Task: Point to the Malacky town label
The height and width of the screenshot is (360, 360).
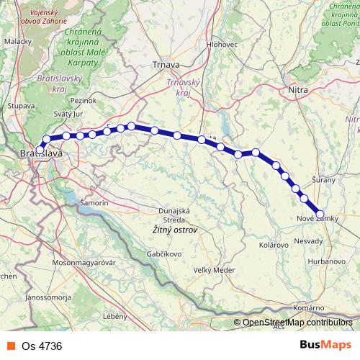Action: coord(16,42)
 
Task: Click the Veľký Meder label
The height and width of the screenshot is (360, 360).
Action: coord(214,270)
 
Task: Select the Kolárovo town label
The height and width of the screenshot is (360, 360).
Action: coord(273,246)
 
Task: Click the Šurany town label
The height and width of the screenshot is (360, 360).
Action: coord(324,179)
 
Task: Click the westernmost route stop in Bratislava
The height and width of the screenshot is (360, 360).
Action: coord(40,150)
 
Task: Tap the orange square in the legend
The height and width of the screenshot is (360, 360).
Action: coord(10,345)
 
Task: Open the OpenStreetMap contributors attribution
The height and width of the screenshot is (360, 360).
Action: coord(297,323)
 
